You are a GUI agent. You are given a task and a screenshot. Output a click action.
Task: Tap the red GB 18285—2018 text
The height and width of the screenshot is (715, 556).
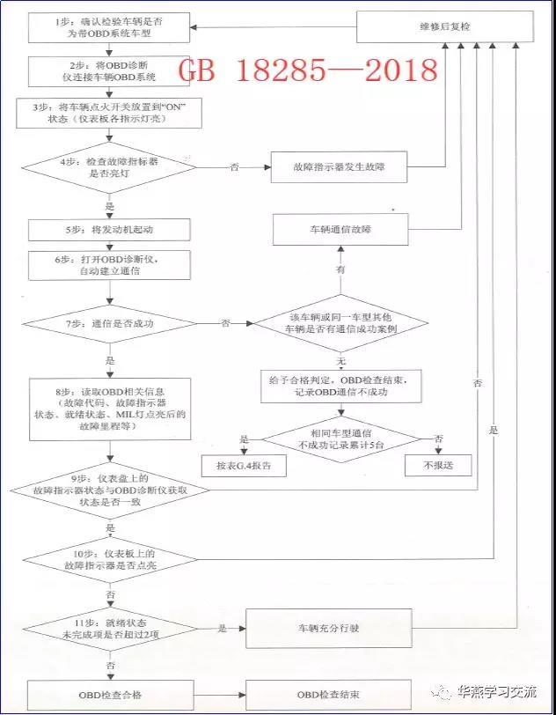[x=307, y=70]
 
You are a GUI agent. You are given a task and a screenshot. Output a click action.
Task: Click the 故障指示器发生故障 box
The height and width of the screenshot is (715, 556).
[x=338, y=166]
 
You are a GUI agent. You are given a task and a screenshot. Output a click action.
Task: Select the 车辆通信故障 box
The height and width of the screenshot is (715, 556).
[x=339, y=231]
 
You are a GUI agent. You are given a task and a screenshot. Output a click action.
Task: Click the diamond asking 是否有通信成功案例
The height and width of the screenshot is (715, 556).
[x=340, y=324]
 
